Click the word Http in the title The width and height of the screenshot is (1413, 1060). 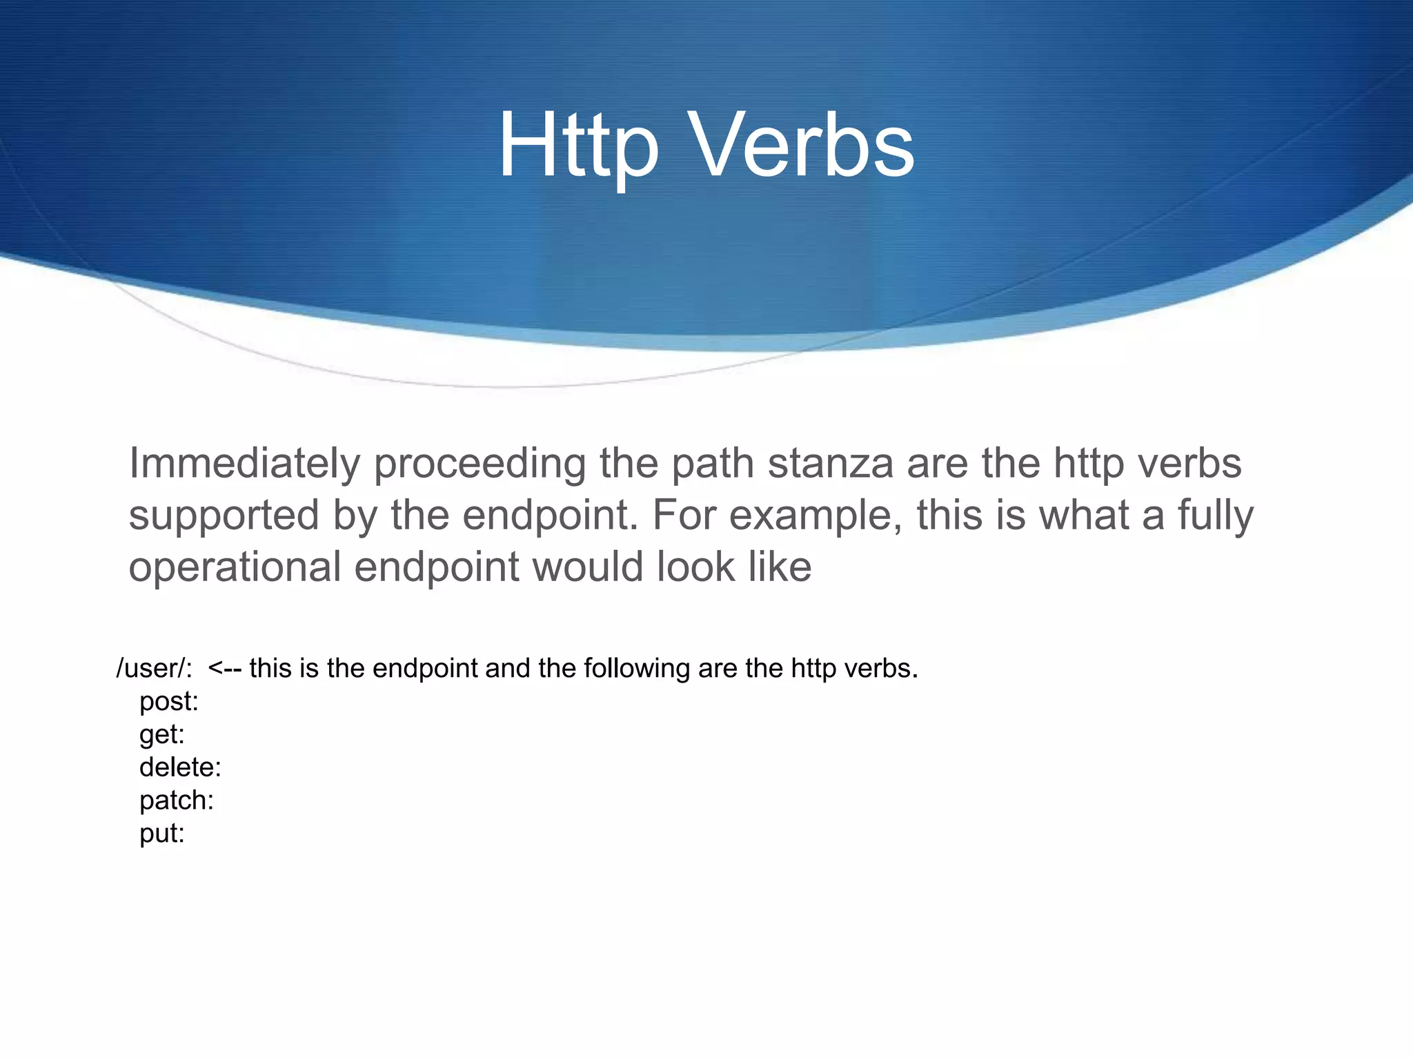click(x=578, y=146)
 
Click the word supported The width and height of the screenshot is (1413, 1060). click(x=224, y=516)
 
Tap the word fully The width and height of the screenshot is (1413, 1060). click(x=1215, y=516)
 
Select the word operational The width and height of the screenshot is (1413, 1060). click(x=235, y=567)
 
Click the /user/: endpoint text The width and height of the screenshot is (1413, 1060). click(x=154, y=668)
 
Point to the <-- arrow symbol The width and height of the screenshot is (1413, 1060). click(x=224, y=668)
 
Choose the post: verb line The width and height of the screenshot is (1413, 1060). click(x=169, y=701)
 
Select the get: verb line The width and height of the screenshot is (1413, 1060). click(x=162, y=734)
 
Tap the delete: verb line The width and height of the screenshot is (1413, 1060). click(x=180, y=767)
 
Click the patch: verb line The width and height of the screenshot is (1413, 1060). click(x=177, y=801)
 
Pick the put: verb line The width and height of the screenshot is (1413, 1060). click(x=162, y=834)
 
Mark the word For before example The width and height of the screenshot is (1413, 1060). click(x=683, y=516)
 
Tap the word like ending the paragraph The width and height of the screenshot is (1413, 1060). click(x=781, y=567)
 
